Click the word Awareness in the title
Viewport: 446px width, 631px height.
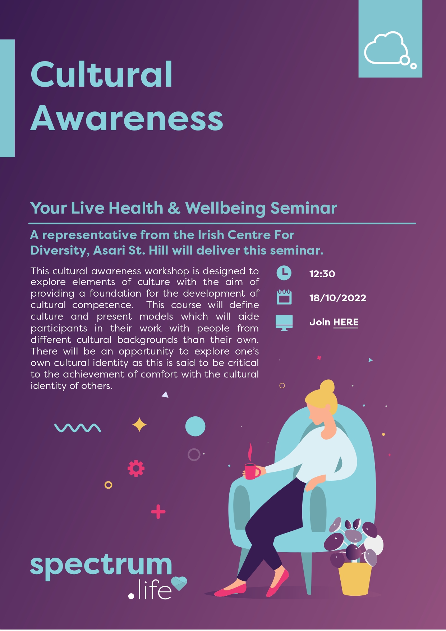click(127, 118)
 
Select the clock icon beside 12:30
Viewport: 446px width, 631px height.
click(284, 273)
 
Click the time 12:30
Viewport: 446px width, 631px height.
click(322, 274)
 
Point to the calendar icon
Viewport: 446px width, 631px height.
click(284, 297)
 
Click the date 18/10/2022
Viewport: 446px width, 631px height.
click(337, 298)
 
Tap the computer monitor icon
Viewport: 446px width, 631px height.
click(284, 323)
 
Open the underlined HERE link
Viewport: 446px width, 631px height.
click(346, 322)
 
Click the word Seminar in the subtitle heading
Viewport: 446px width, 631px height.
click(304, 208)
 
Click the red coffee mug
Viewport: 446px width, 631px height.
click(252, 471)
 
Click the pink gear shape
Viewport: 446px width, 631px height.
click(136, 468)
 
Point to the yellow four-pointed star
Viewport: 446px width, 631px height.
click(139, 425)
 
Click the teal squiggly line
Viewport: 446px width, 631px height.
click(78, 427)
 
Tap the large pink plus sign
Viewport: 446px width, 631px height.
click(158, 512)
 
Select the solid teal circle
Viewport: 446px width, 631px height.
click(195, 426)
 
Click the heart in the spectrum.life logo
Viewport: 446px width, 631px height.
click(179, 583)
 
